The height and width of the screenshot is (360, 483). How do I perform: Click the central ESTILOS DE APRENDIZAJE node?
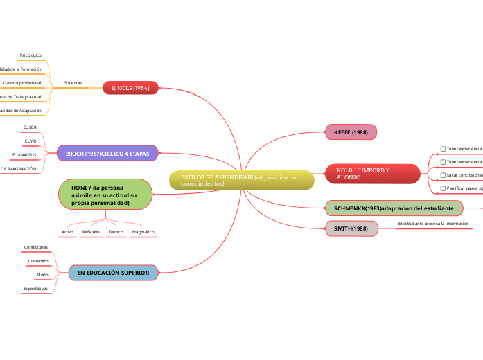tap(241, 181)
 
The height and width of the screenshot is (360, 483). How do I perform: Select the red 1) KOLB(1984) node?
tap(131, 88)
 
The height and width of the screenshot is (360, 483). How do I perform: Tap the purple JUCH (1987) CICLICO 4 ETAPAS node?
tap(107, 152)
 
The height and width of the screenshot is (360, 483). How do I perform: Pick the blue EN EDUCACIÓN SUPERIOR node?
tap(113, 273)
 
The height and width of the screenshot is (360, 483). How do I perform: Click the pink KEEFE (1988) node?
tap(351, 132)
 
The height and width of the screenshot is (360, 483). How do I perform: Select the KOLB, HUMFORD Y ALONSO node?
tap(372, 174)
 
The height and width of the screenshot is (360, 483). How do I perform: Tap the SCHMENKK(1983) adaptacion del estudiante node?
tap(394, 208)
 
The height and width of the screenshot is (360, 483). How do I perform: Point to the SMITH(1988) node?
tap(351, 228)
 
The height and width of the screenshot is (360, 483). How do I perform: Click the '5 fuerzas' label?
tap(73, 83)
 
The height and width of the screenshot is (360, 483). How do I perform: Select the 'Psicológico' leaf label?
tap(30, 55)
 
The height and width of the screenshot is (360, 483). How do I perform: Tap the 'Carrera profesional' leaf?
tap(22, 83)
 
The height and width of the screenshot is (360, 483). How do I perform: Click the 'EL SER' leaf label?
tap(30, 127)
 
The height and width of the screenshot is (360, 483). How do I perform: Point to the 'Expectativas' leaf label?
tap(35, 288)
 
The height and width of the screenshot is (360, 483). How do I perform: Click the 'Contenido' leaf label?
tap(38, 260)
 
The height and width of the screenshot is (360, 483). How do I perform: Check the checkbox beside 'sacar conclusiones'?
tap(444, 175)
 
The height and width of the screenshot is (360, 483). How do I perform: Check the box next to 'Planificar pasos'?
tap(444, 188)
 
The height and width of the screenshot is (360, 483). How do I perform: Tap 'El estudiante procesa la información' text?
tap(434, 224)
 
